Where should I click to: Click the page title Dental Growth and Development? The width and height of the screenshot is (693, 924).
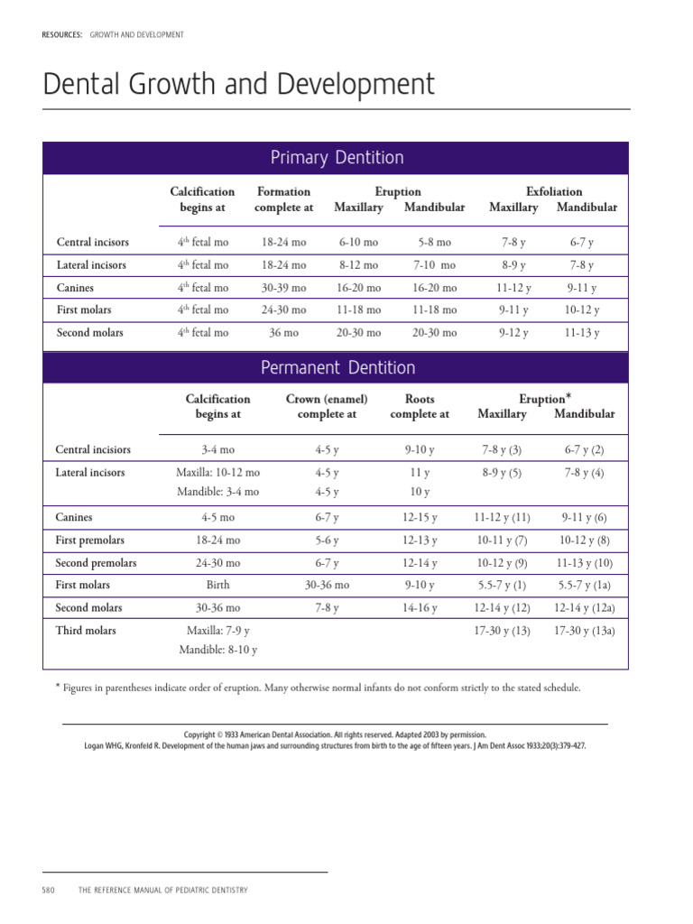[x=239, y=85]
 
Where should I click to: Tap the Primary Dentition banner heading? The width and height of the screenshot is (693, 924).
[x=337, y=158]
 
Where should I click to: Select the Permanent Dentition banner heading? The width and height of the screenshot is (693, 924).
[x=337, y=367]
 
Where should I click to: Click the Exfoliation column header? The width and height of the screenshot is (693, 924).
[x=553, y=191]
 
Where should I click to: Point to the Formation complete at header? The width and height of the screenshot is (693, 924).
[x=283, y=199]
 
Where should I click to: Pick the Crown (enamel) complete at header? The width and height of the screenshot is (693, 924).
[x=327, y=406]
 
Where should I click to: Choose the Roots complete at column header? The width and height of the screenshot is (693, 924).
[x=420, y=406]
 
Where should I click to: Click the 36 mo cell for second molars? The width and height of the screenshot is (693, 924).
[x=283, y=333]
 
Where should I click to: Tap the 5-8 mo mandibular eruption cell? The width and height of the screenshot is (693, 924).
[x=435, y=243]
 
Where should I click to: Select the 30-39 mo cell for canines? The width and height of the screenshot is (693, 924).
[x=283, y=288]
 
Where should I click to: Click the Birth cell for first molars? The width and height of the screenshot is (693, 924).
[x=217, y=586]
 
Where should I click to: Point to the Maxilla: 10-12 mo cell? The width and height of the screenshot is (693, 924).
[x=217, y=473]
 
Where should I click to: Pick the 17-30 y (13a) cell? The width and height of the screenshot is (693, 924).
[x=584, y=631]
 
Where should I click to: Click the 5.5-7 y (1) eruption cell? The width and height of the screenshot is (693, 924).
[x=502, y=586]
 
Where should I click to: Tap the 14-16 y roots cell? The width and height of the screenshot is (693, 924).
[x=420, y=608]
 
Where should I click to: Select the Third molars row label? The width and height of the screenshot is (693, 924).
[x=86, y=631]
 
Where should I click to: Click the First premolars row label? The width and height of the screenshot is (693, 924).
[x=90, y=541]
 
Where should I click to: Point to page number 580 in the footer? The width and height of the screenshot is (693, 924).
[x=49, y=890]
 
